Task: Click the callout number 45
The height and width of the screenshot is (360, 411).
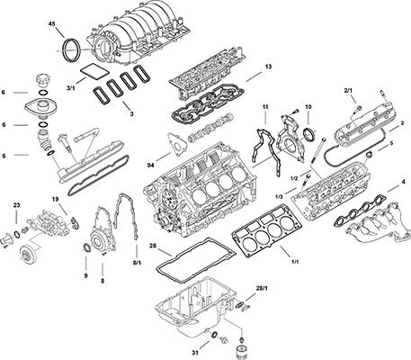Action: point(51,24)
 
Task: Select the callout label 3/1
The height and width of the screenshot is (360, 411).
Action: point(70,88)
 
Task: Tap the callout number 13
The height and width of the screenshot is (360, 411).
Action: point(268,67)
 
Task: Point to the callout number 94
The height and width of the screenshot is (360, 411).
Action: point(151,165)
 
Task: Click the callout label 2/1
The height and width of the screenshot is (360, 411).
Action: point(348,90)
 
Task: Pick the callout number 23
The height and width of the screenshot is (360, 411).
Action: point(16,205)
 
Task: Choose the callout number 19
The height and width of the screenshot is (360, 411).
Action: point(55,199)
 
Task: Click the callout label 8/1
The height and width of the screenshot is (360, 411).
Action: point(137,263)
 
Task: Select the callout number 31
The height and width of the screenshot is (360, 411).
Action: point(195,353)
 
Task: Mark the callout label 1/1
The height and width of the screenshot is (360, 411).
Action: point(295,262)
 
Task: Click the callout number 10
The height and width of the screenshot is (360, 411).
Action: point(308,107)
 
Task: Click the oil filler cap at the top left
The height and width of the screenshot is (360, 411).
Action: point(41,80)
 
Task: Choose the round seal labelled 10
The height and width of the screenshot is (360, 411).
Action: point(309,134)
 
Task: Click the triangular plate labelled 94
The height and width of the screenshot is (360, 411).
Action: point(177,145)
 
